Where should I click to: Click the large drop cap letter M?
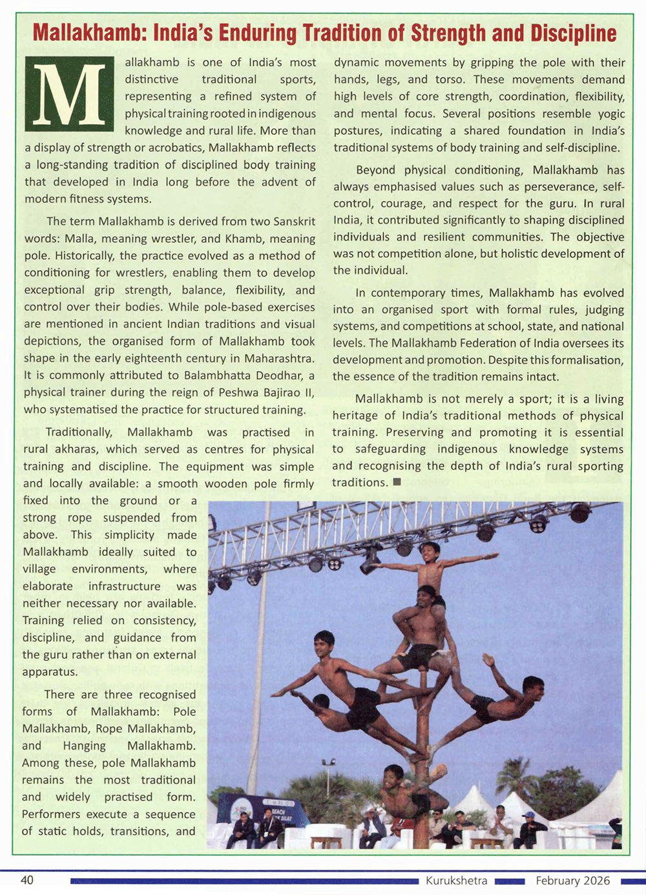[x=68, y=94]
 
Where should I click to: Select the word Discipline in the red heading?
[x=573, y=33]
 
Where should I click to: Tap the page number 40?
[x=27, y=880]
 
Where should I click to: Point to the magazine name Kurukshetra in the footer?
[x=456, y=881]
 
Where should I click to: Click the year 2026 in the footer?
[x=597, y=881]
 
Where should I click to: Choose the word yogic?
[x=609, y=114]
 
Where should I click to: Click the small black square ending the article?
[x=397, y=482]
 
